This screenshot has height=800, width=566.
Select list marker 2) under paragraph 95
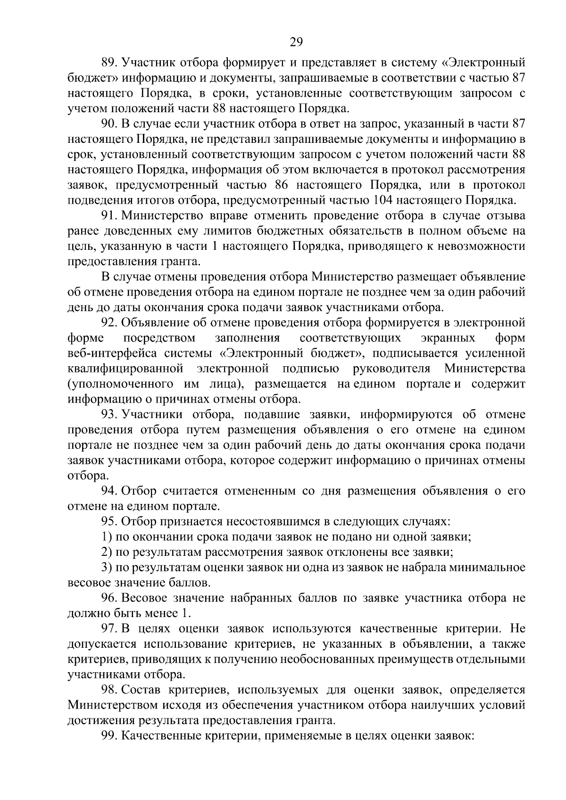[x=107, y=552]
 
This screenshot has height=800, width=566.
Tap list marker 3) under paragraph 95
[x=107, y=568]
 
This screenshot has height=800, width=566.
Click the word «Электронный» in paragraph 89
[x=483, y=63]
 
